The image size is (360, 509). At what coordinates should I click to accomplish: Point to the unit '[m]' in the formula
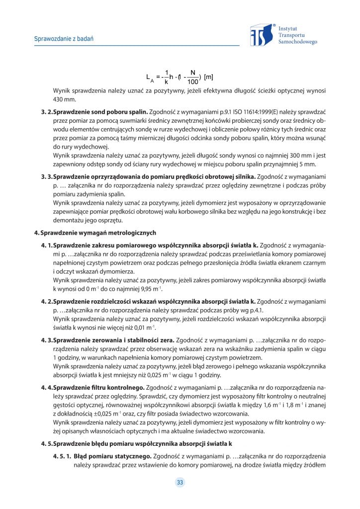click(x=209, y=77)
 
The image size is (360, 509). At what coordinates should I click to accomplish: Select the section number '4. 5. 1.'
click(x=63, y=456)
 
